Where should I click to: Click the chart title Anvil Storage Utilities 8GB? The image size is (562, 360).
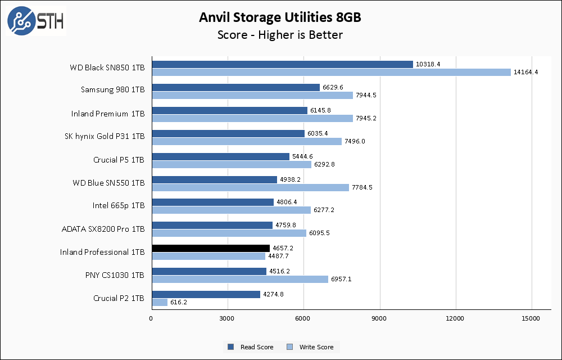(280, 17)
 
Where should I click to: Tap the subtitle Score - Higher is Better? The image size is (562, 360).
(280, 35)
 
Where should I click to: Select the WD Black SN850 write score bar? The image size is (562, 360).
(331, 72)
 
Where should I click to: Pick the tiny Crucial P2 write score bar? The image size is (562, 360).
(160, 302)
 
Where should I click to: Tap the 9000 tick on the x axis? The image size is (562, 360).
(380, 319)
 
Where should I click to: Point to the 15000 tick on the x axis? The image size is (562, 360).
(532, 319)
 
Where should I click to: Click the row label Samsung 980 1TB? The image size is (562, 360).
(112, 89)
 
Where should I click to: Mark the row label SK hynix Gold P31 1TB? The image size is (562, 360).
(105, 136)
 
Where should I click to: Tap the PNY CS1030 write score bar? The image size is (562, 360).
(239, 279)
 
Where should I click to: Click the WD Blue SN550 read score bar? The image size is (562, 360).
(214, 179)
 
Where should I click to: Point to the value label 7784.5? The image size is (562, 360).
(363, 187)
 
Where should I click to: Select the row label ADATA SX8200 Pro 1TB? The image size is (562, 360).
(103, 229)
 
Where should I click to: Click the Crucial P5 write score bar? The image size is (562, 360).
(231, 164)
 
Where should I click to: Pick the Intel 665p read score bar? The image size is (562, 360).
(212, 202)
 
